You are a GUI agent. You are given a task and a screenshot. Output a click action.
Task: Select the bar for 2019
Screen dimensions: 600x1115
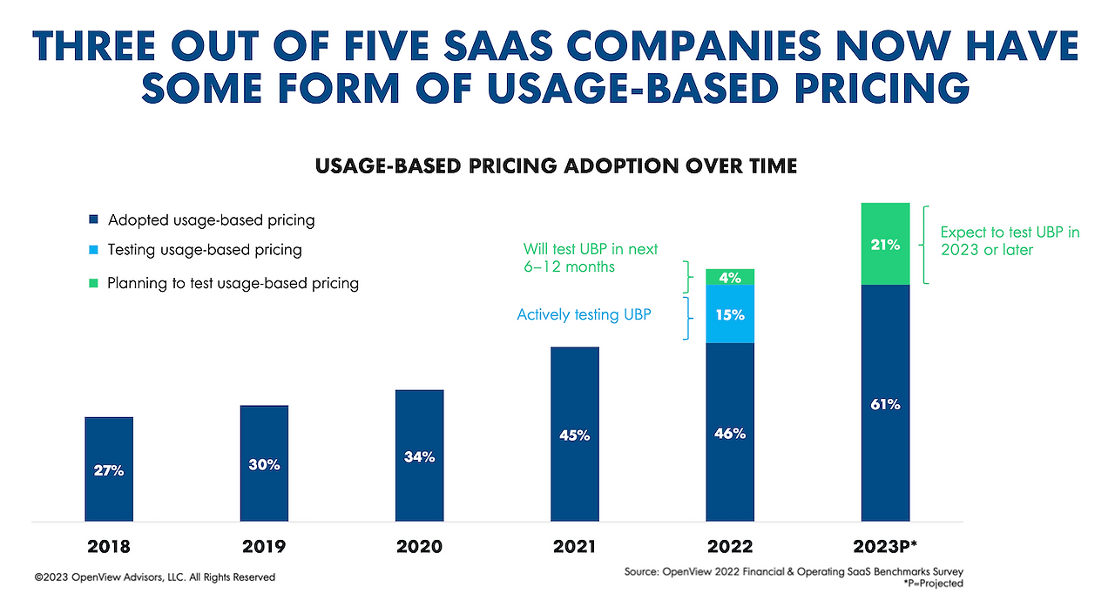(264, 463)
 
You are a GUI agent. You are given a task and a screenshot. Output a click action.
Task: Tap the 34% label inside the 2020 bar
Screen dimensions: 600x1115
(419, 456)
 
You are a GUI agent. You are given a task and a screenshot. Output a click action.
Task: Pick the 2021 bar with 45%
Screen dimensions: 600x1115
(574, 435)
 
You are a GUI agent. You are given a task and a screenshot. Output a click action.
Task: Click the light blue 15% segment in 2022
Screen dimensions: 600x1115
(729, 314)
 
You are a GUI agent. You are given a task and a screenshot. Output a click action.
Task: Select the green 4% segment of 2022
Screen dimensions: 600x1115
(729, 278)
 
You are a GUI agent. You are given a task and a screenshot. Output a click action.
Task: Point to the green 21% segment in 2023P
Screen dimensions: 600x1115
(885, 245)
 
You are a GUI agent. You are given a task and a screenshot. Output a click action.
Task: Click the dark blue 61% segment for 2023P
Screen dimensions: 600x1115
(885, 403)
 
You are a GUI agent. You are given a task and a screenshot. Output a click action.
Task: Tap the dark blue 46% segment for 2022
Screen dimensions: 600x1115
(729, 433)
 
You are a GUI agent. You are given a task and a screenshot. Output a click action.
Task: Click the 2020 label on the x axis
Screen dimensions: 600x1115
(419, 547)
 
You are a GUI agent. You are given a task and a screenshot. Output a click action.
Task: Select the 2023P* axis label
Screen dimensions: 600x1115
(885, 547)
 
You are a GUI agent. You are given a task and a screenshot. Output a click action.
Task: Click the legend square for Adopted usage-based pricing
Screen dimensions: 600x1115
(94, 220)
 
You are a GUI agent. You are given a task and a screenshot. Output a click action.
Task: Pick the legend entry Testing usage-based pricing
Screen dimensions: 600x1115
(204, 250)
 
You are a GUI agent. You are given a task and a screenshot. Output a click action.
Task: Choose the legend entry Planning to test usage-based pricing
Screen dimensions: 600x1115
(232, 283)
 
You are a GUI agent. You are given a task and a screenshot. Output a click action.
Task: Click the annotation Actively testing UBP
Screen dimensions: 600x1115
(584, 314)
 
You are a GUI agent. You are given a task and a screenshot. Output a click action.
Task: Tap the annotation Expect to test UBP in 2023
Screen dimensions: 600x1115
(1010, 240)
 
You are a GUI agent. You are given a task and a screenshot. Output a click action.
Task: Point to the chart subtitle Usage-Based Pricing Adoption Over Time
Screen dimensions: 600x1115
(557, 165)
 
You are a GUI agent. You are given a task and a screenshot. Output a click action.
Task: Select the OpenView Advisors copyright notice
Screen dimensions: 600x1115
(155, 576)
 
